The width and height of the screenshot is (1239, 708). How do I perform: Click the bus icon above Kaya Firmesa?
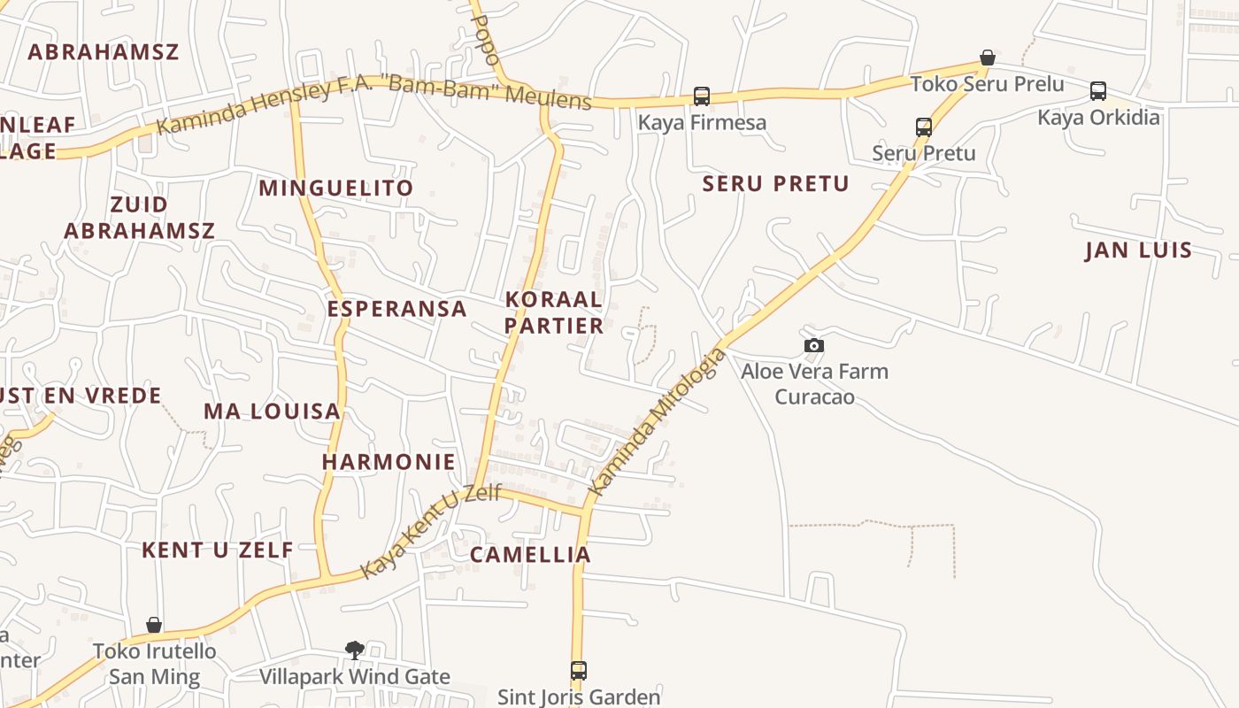(702, 96)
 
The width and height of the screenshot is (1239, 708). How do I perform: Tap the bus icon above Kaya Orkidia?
(1098, 90)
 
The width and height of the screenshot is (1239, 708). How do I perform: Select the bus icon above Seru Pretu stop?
(924, 127)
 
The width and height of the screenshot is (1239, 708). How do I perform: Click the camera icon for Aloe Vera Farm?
(814, 345)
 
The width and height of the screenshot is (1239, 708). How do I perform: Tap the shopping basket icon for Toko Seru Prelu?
(988, 58)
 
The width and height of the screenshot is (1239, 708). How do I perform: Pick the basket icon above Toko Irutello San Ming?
(154, 626)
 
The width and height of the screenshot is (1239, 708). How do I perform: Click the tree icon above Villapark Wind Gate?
(354, 650)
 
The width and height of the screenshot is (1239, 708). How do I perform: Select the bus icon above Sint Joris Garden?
(579, 671)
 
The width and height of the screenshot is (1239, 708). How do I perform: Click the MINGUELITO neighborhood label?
(335, 188)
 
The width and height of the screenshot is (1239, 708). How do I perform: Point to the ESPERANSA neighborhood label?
(396, 308)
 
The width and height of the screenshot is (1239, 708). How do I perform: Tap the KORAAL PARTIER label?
(554, 312)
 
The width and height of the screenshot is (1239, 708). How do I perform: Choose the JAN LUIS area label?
(1139, 250)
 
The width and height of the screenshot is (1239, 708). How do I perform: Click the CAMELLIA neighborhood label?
(529, 555)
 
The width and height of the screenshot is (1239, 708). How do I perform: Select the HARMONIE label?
(389, 462)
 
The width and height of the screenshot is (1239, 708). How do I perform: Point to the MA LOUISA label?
(272, 412)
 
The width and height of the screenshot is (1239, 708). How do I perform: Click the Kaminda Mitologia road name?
(657, 423)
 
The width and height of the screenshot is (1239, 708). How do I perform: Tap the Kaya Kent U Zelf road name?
(431, 531)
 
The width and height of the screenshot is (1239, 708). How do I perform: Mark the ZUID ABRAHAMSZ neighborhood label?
(139, 218)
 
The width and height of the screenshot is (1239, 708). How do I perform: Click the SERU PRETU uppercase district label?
(775, 184)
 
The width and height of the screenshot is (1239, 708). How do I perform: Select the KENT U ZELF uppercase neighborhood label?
(217, 550)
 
